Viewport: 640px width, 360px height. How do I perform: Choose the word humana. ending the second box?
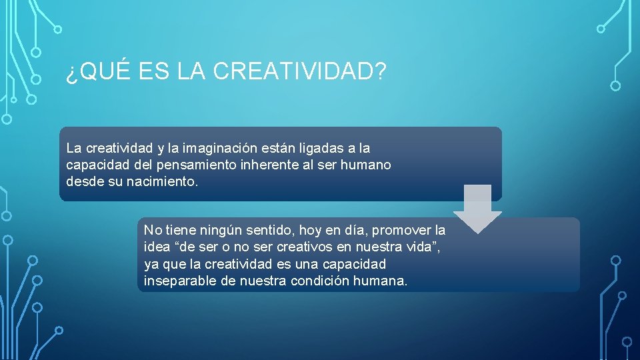point(383,281)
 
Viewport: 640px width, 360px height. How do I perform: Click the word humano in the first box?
point(367,164)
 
